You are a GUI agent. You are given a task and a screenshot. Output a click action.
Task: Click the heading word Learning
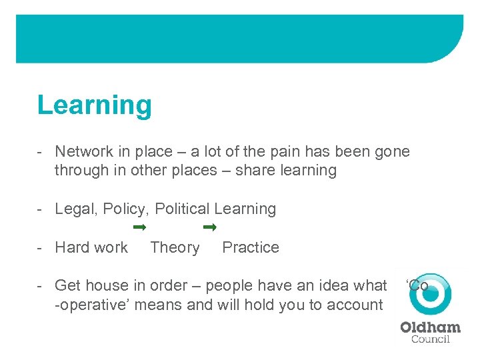[94, 105]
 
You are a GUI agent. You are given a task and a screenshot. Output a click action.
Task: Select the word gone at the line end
[391, 152]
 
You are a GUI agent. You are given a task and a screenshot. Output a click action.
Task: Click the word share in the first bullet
[264, 170]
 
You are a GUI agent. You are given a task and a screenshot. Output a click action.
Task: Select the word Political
[182, 209]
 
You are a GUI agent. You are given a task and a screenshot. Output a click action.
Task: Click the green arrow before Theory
[139, 228]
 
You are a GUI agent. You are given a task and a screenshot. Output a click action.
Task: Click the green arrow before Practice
[210, 228]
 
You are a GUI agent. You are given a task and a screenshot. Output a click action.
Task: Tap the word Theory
[175, 247]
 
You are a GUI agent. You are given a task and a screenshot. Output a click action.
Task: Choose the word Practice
[251, 247]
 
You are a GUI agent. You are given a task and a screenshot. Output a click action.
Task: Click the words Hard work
[91, 247]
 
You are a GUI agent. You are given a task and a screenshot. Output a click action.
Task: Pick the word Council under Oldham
[430, 339]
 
